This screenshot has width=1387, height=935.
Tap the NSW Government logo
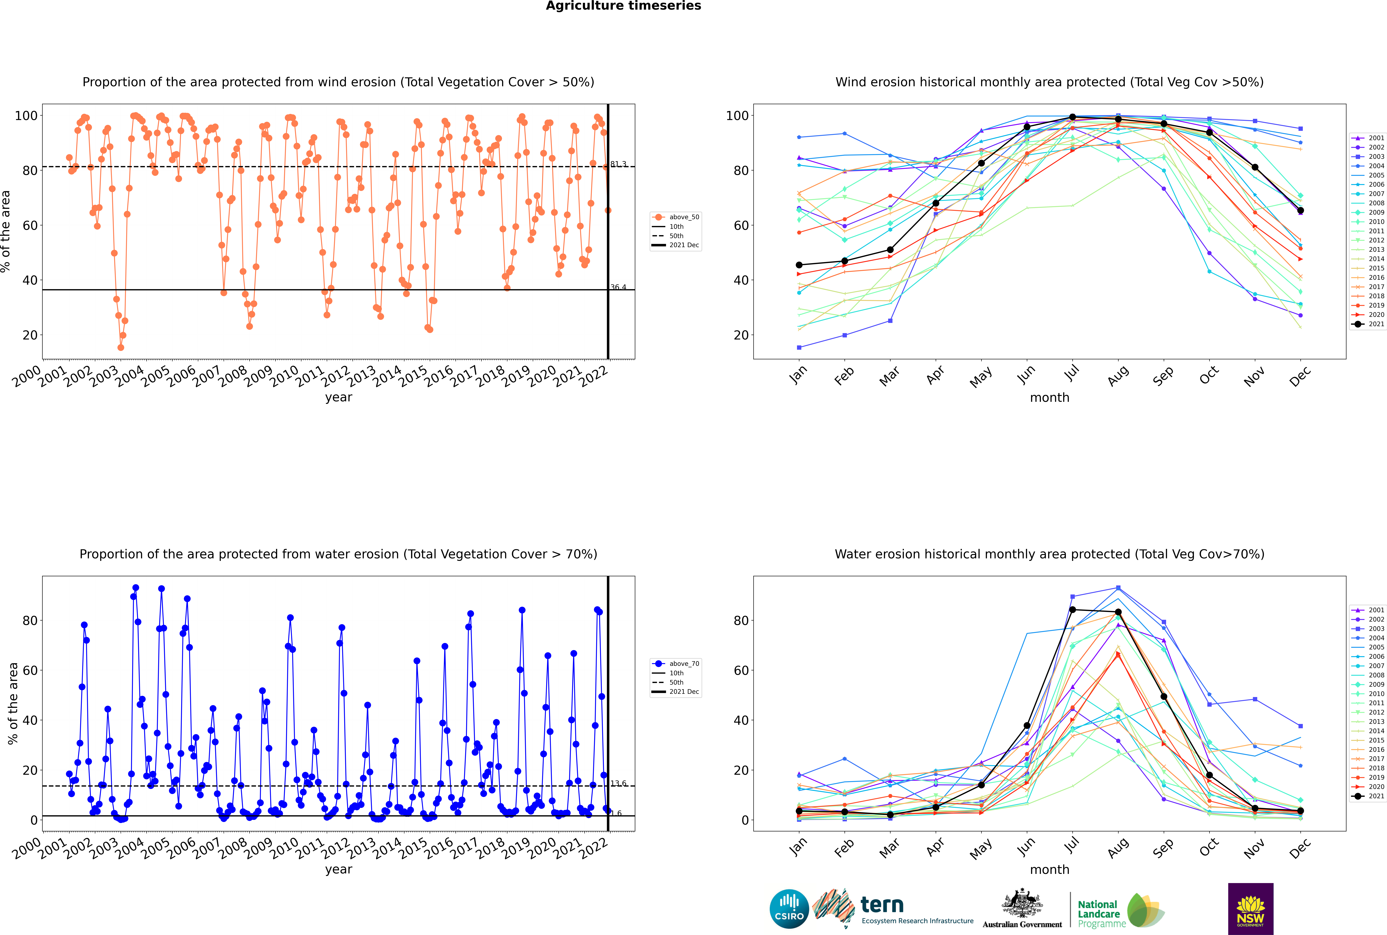tap(1250, 909)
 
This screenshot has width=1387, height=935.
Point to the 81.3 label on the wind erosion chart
tap(618, 164)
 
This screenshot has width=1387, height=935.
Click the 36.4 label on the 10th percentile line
tap(618, 287)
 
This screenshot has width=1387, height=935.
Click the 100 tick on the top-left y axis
tap(26, 116)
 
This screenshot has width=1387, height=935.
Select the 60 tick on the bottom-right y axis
tap(741, 670)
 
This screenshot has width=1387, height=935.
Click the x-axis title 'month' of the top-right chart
tap(1049, 398)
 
